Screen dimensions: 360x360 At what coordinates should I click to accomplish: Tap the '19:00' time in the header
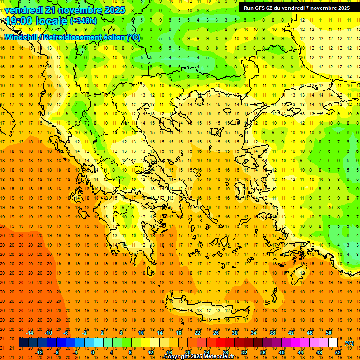tap(19, 21)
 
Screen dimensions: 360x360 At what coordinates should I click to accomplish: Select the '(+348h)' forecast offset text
tap(84, 21)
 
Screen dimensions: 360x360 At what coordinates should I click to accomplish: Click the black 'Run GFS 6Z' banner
tap(296, 8)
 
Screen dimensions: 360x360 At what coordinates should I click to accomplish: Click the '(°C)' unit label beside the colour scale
tap(349, 343)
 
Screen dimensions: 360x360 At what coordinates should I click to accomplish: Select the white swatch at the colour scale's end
tap(333, 343)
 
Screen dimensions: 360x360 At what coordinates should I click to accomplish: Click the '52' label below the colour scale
tap(338, 352)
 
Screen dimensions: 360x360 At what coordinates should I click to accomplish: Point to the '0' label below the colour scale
tap(93, 352)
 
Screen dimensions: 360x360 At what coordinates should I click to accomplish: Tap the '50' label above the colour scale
tap(329, 333)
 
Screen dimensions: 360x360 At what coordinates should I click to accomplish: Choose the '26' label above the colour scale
tap(216, 333)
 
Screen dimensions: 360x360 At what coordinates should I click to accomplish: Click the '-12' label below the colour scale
tap(39, 352)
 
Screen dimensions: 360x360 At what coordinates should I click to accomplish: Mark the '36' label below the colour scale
tap(263, 352)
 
